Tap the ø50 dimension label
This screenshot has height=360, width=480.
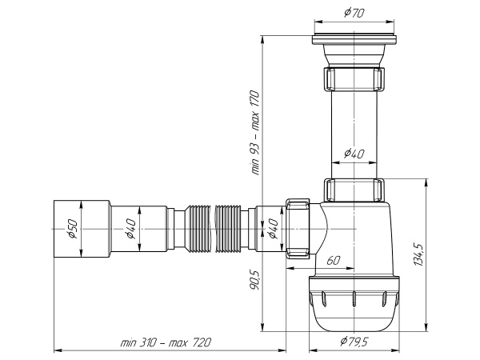pyautogui.click(x=71, y=230)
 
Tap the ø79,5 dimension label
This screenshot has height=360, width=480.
pyautogui.click(x=353, y=343)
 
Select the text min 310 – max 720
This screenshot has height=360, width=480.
pyautogui.click(x=166, y=342)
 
